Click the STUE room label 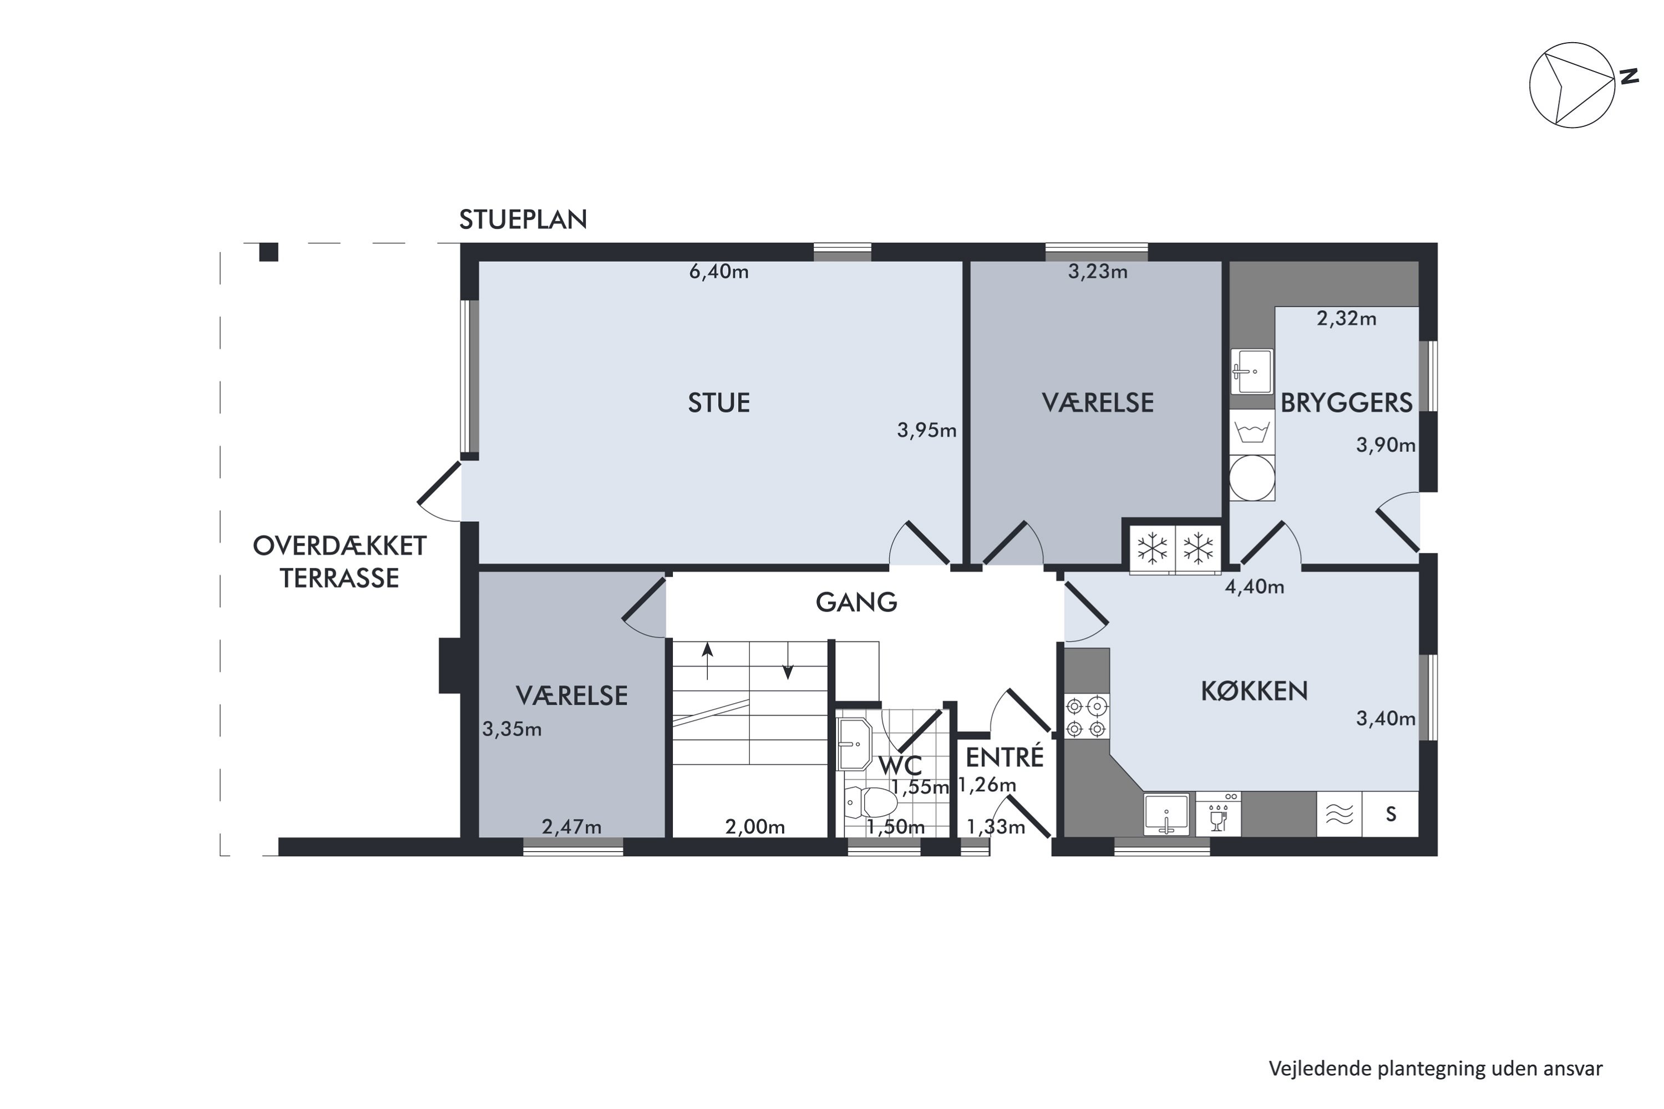[x=719, y=403]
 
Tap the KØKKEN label [x=1254, y=691]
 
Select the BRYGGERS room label [x=1346, y=403]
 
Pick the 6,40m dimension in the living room [x=719, y=272]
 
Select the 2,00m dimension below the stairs [x=755, y=827]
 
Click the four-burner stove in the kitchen [x=1087, y=717]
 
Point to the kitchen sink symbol [x=1166, y=814]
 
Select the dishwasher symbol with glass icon [x=1218, y=814]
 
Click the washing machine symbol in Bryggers [x=1251, y=431]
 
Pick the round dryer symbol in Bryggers [x=1251, y=478]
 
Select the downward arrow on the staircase [x=788, y=660]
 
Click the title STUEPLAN [x=523, y=220]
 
